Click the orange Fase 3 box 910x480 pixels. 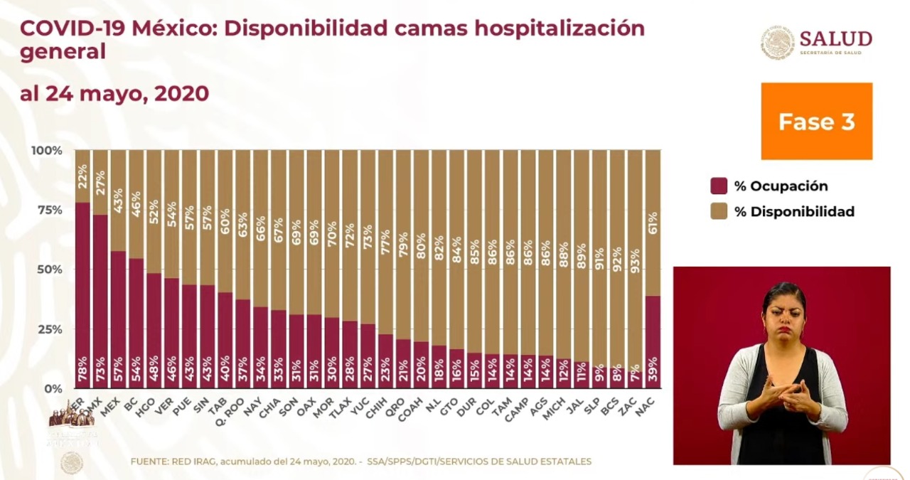pos(816,121)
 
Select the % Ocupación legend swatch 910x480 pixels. pos(719,186)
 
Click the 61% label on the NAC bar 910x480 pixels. pos(653,223)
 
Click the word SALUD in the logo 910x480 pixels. pos(835,38)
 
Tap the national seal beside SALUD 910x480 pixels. pos(777,43)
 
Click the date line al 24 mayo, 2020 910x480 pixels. pos(114,94)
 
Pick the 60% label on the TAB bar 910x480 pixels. pos(225,221)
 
